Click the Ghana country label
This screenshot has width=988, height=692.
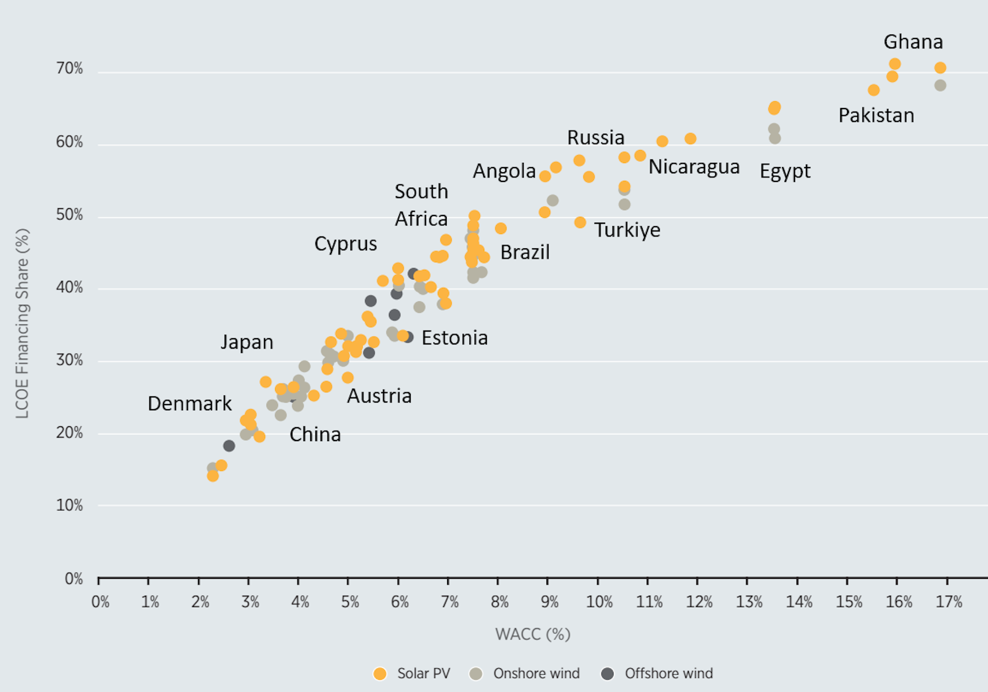pyautogui.click(x=913, y=42)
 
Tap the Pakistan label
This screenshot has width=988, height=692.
pyautogui.click(x=876, y=116)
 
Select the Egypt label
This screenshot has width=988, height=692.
pyautogui.click(x=785, y=171)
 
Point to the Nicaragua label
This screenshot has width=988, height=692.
pyautogui.click(x=694, y=167)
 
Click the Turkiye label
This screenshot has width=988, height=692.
pyautogui.click(x=627, y=230)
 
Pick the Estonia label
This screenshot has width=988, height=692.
pyautogui.click(x=454, y=338)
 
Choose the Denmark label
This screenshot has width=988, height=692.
pyautogui.click(x=189, y=404)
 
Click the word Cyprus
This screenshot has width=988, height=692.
pyautogui.click(x=345, y=244)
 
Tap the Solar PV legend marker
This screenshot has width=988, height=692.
pyautogui.click(x=380, y=674)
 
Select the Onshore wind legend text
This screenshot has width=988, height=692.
pyautogui.click(x=536, y=673)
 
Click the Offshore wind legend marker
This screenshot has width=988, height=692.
pyautogui.click(x=607, y=674)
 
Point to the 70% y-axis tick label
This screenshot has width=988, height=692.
pyautogui.click(x=69, y=68)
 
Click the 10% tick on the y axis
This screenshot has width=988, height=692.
pyautogui.click(x=69, y=505)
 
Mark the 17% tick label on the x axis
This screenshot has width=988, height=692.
pyautogui.click(x=948, y=602)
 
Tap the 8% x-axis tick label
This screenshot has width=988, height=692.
pyautogui.click(x=499, y=602)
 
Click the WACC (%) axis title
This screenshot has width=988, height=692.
pyautogui.click(x=533, y=634)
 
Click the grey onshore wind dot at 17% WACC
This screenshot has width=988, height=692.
pyautogui.click(x=940, y=85)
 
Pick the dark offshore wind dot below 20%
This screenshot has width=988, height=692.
pyautogui.click(x=229, y=446)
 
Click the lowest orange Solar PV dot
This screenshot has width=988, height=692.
pyautogui.click(x=213, y=476)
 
